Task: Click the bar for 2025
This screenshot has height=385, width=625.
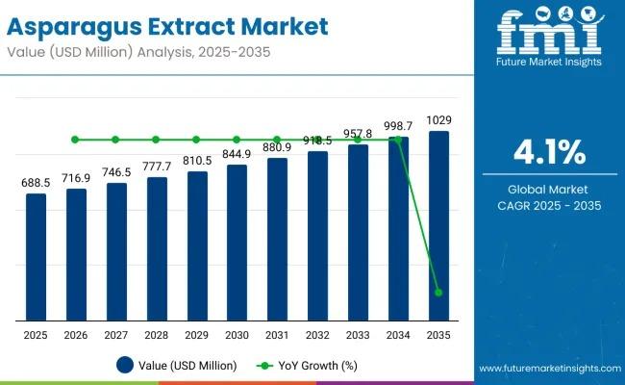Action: point(35,257)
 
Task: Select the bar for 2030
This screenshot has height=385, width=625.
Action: point(237,243)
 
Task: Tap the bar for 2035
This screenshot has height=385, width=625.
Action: point(438,225)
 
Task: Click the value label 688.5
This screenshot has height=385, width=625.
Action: point(35,182)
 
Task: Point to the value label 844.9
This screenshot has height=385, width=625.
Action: point(237,153)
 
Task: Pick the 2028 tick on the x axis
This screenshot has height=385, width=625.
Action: point(156,334)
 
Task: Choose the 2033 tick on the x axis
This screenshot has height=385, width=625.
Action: point(358,334)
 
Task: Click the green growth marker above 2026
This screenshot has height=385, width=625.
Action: point(75,140)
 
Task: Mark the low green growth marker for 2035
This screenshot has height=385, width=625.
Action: point(438,293)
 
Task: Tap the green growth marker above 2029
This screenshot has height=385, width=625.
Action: point(196,140)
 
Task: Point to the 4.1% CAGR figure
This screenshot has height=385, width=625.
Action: point(551,153)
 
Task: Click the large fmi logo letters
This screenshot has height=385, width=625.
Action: point(551,35)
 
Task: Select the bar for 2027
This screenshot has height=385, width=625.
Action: point(115,251)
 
